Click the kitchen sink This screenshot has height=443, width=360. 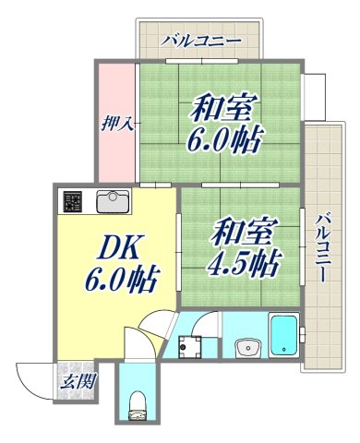[114, 200]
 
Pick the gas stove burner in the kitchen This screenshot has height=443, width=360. [73, 200]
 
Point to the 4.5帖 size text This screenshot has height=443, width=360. [245, 263]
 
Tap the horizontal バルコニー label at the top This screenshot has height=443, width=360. [199, 41]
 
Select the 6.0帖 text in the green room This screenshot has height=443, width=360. [224, 140]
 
